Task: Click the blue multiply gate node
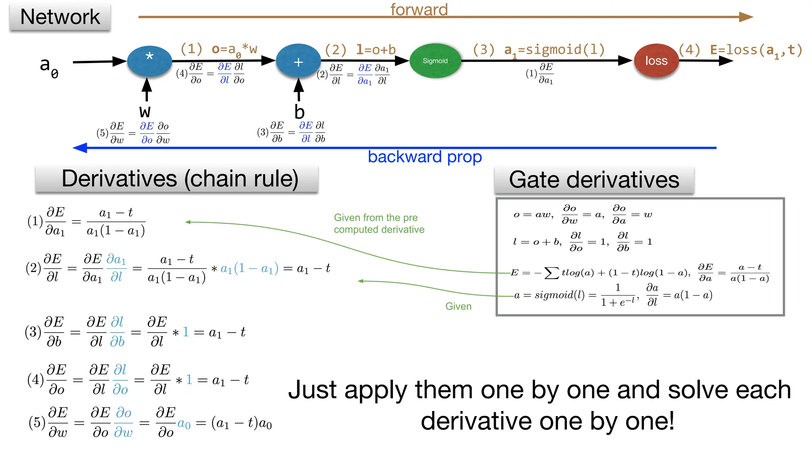tap(149, 61)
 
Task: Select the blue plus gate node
tap(298, 61)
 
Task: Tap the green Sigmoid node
tap(435, 61)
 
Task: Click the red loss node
tap(656, 61)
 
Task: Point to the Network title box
tap(60, 17)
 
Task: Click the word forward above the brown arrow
tap(419, 9)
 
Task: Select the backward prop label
tap(425, 157)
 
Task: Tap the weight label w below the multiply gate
tap(145, 111)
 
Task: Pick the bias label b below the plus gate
tap(299, 111)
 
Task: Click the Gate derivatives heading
tap(594, 180)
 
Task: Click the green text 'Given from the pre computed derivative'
tap(379, 223)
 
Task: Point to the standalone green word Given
tap(458, 306)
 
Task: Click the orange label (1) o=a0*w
tap(218, 50)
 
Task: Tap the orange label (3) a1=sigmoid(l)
tap(539, 50)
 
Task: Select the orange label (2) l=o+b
tap(360, 50)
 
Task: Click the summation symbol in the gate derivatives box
tap(552, 273)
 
